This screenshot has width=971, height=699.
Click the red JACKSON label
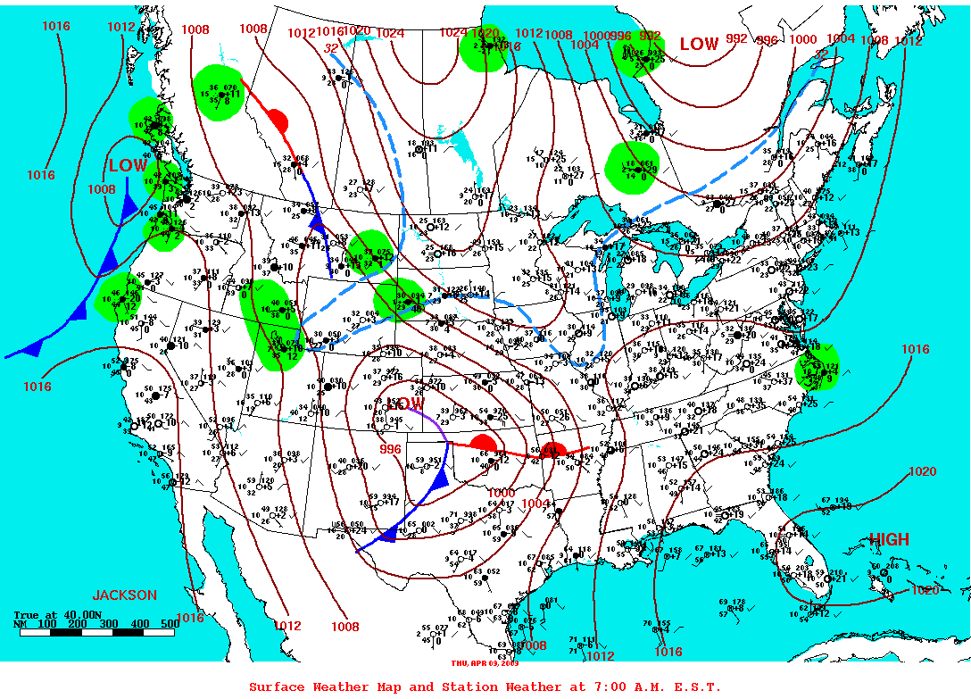click(x=125, y=595)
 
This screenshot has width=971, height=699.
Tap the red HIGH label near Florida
click(x=889, y=539)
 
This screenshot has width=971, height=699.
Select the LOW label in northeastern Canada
click(x=699, y=44)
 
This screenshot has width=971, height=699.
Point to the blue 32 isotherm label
click(x=331, y=47)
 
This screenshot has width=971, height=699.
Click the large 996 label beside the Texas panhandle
click(x=390, y=449)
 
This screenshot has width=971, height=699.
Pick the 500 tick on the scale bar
click(x=170, y=623)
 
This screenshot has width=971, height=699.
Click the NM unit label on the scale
click(x=20, y=623)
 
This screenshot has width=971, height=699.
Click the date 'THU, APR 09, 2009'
click(x=485, y=663)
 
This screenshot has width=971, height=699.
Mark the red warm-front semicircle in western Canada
click(x=278, y=121)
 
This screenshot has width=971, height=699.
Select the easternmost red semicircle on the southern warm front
click(x=554, y=448)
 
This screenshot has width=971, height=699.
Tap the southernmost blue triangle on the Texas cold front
click(x=388, y=534)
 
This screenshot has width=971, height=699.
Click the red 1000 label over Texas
click(x=501, y=493)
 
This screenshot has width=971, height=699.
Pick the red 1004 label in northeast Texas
click(x=534, y=504)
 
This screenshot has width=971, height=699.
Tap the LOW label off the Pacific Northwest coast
click(x=128, y=165)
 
